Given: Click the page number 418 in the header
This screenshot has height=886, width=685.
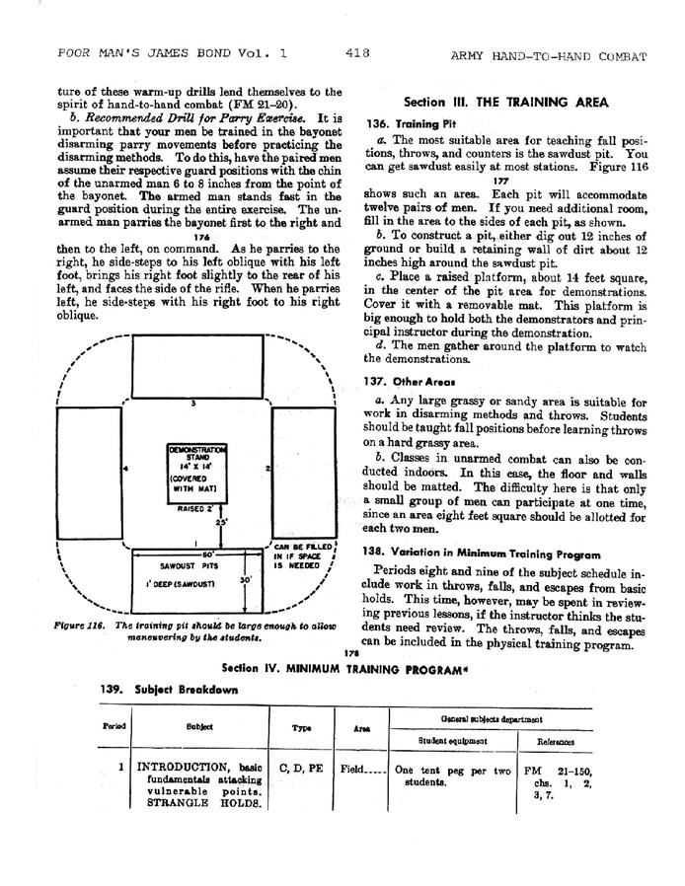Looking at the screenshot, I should click(358, 54).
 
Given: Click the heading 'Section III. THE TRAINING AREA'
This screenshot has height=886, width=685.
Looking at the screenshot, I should click(506, 103).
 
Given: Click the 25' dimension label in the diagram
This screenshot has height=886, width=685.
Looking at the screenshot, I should click(221, 522).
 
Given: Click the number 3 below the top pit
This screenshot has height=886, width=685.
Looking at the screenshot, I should click(193, 403).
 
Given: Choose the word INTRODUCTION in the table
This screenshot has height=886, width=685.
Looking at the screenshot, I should click(186, 767).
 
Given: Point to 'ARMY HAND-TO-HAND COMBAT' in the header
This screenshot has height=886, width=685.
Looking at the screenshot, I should click(549, 55).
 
